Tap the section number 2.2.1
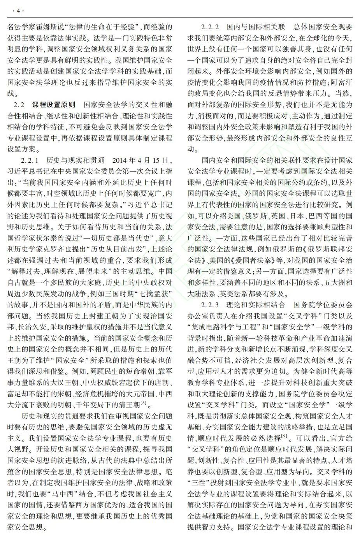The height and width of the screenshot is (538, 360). [x=30, y=160]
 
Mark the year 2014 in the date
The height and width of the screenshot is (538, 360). [x=119, y=160]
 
